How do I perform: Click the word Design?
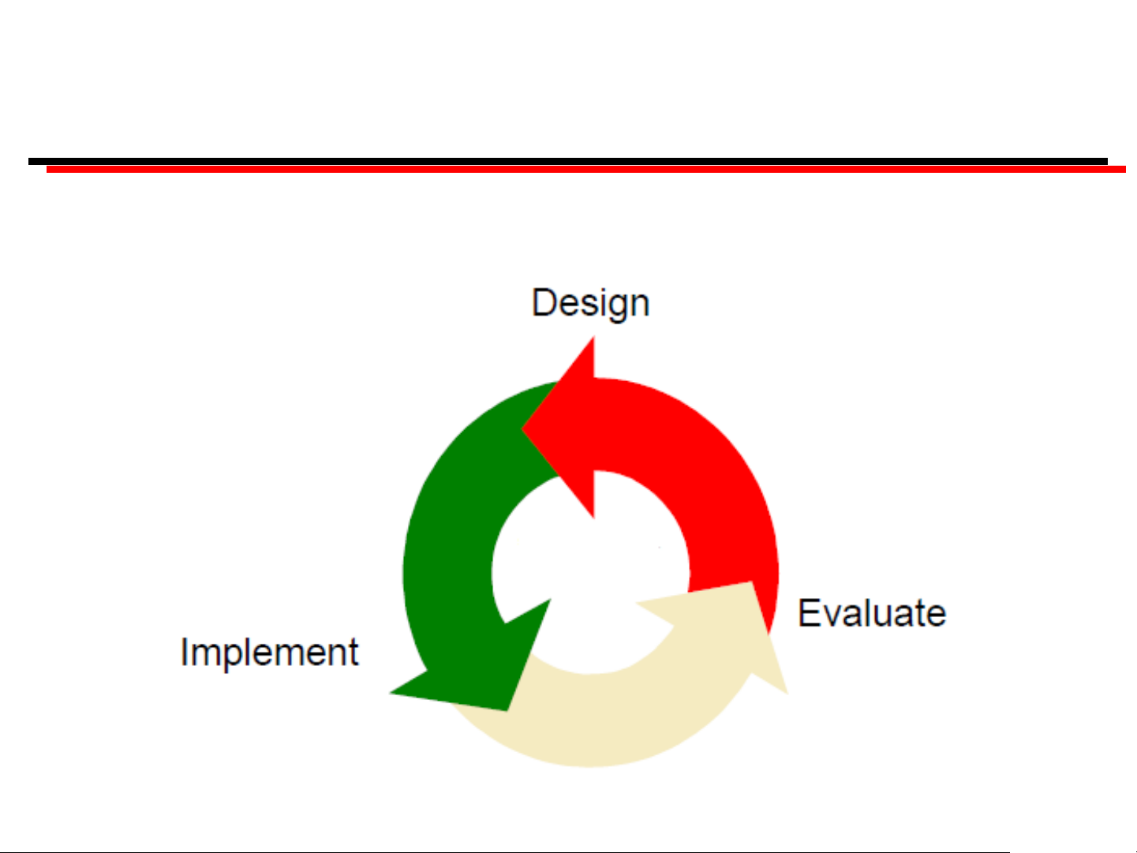590,304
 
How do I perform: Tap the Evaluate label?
872,612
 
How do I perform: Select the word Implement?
269,653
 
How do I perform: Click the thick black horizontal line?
568,162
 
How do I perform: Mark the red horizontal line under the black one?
585,170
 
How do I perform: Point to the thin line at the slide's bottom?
505,852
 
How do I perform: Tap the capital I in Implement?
184,652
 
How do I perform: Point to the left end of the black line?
29,162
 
